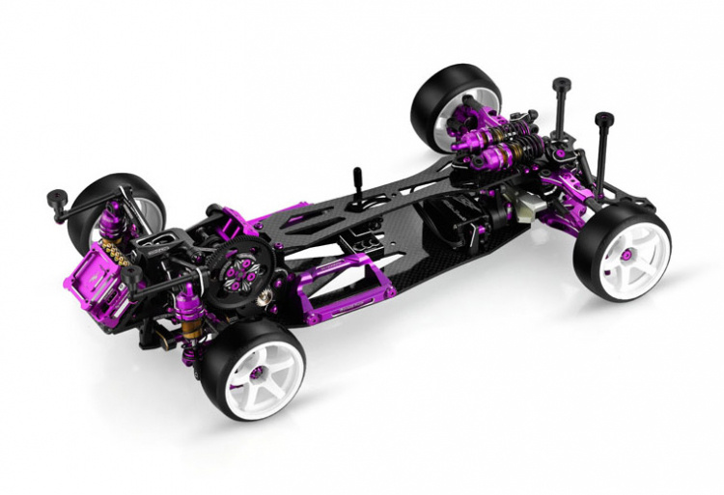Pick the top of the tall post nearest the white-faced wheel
[x=605, y=121]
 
